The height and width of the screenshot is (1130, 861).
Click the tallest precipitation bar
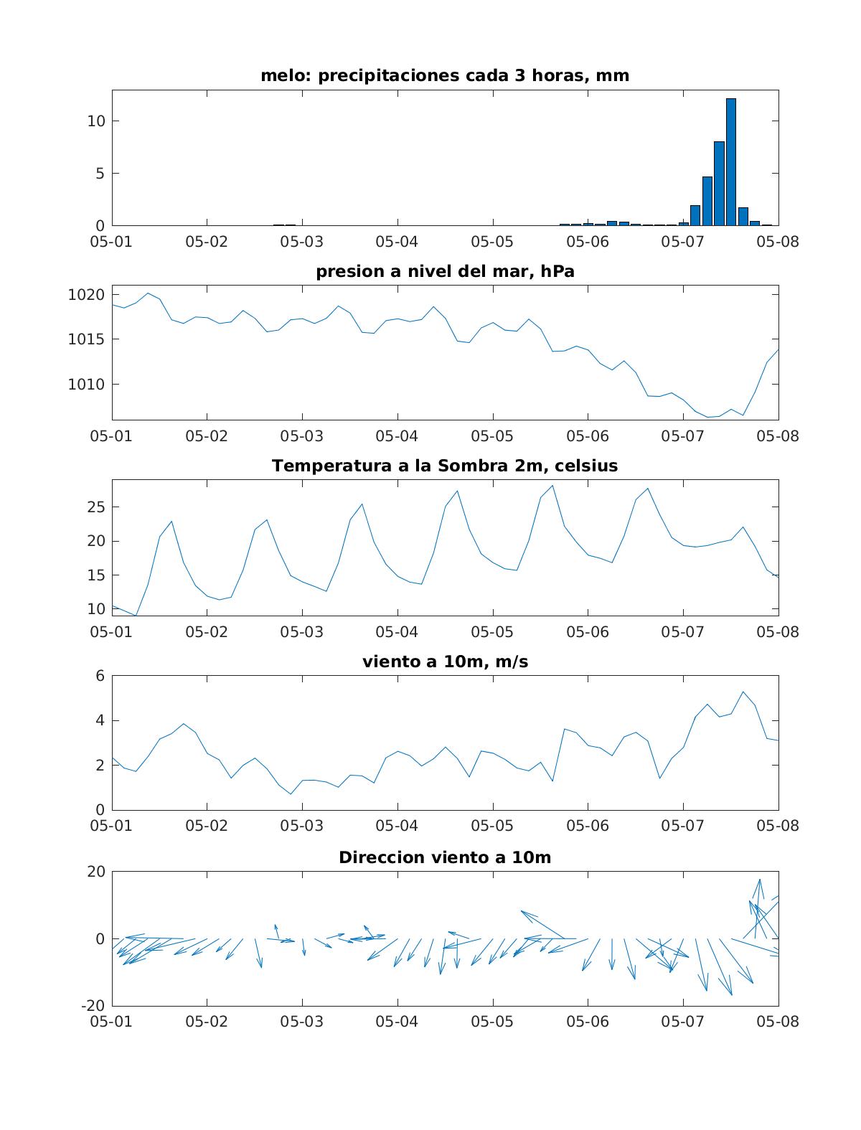tap(731, 161)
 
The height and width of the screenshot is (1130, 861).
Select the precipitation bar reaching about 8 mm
tap(719, 183)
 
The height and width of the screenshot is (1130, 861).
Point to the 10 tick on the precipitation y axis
tap(96, 121)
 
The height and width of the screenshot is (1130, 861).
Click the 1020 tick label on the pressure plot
tap(87, 295)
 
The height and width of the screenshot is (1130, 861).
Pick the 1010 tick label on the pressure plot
tap(87, 384)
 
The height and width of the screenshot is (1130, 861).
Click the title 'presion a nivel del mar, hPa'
tap(445, 271)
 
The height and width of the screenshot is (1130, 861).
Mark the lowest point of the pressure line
tap(708, 417)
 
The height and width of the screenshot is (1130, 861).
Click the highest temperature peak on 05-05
tap(552, 486)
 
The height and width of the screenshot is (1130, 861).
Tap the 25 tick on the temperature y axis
tap(96, 507)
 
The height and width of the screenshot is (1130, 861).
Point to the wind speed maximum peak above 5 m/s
tap(743, 692)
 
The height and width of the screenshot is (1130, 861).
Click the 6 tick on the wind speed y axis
tap(100, 675)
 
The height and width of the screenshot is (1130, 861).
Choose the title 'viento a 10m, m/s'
tap(445, 661)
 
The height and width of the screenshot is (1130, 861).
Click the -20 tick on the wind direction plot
tap(93, 1005)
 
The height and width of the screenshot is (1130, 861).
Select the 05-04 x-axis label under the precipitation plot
tap(397, 242)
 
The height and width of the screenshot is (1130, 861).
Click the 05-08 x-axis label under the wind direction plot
tap(778, 1022)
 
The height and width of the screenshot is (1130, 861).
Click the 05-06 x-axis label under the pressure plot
tap(588, 436)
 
